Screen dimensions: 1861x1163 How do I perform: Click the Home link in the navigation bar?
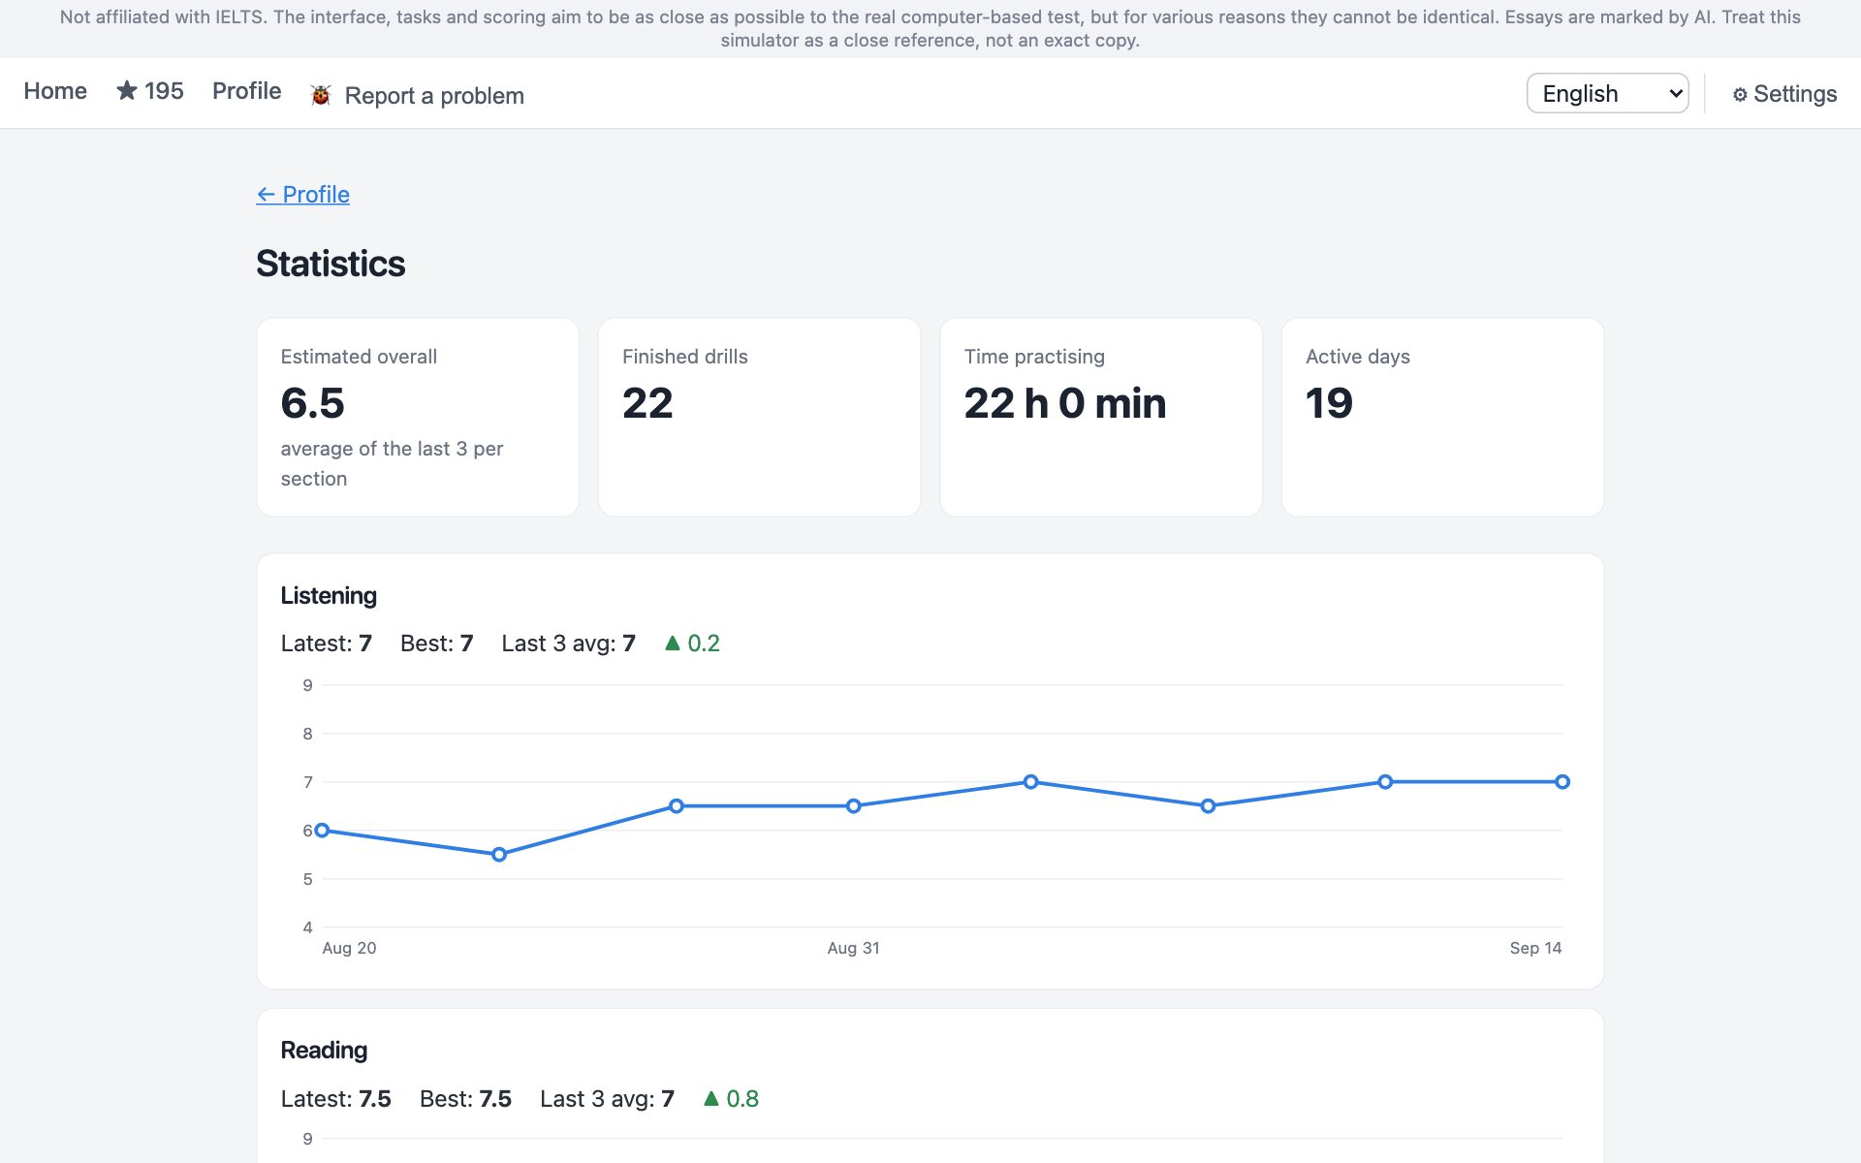pyautogui.click(x=55, y=91)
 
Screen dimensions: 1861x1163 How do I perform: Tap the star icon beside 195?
pyautogui.click(x=127, y=90)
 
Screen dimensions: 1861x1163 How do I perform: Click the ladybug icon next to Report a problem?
pyautogui.click(x=321, y=95)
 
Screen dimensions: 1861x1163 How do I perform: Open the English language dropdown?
pyautogui.click(x=1607, y=93)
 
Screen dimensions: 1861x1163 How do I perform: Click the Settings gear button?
pyautogui.click(x=1784, y=94)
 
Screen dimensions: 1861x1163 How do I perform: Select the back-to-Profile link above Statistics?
pyautogui.click(x=302, y=194)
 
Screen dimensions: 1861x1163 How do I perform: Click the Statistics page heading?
pyautogui.click(x=331, y=264)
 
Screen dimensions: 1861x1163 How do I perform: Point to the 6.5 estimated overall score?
pyautogui.click(x=312, y=403)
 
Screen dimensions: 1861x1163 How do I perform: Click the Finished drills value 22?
pyautogui.click(x=647, y=403)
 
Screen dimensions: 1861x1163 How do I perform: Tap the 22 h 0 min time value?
pyautogui.click(x=1065, y=403)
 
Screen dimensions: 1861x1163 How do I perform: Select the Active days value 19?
pyautogui.click(x=1329, y=403)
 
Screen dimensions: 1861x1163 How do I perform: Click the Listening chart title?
pyautogui.click(x=329, y=596)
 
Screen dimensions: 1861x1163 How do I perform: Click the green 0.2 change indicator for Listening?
pyautogui.click(x=692, y=644)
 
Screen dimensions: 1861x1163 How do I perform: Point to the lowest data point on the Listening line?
pyautogui.click(x=499, y=855)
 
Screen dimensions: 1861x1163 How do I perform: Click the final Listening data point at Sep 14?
pyautogui.click(x=1562, y=782)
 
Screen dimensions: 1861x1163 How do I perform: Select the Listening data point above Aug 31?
pyautogui.click(x=853, y=806)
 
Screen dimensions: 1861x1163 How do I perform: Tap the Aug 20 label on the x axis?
pyautogui.click(x=349, y=948)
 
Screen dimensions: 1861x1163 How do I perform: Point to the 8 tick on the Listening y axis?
pyautogui.click(x=307, y=734)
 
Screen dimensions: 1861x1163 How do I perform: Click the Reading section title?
pyautogui.click(x=324, y=1051)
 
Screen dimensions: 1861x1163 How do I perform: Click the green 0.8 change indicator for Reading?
pyautogui.click(x=731, y=1099)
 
